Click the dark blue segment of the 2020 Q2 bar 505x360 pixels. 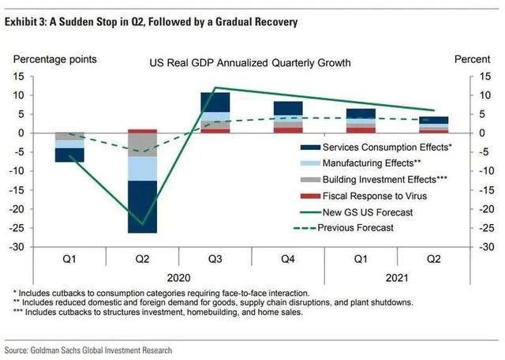144,207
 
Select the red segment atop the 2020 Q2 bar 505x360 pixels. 144,131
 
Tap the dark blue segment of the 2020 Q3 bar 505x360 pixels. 215,102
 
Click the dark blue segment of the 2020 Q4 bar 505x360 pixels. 288,107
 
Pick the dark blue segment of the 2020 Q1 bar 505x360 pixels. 69,155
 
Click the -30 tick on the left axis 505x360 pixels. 18,247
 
